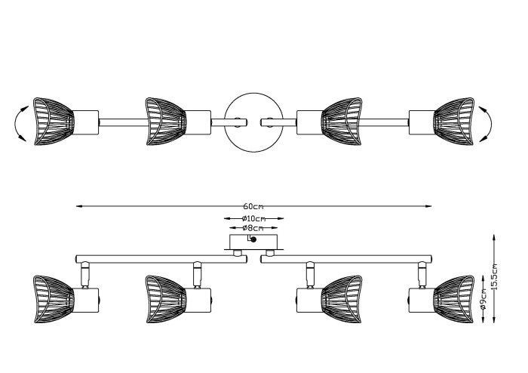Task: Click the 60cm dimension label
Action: (253, 206)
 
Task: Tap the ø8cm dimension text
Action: (253, 228)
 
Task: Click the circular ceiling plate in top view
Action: (252, 120)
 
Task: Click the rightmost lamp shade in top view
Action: (453, 119)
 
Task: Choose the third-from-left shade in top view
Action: (341, 119)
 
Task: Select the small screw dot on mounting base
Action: (253, 240)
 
